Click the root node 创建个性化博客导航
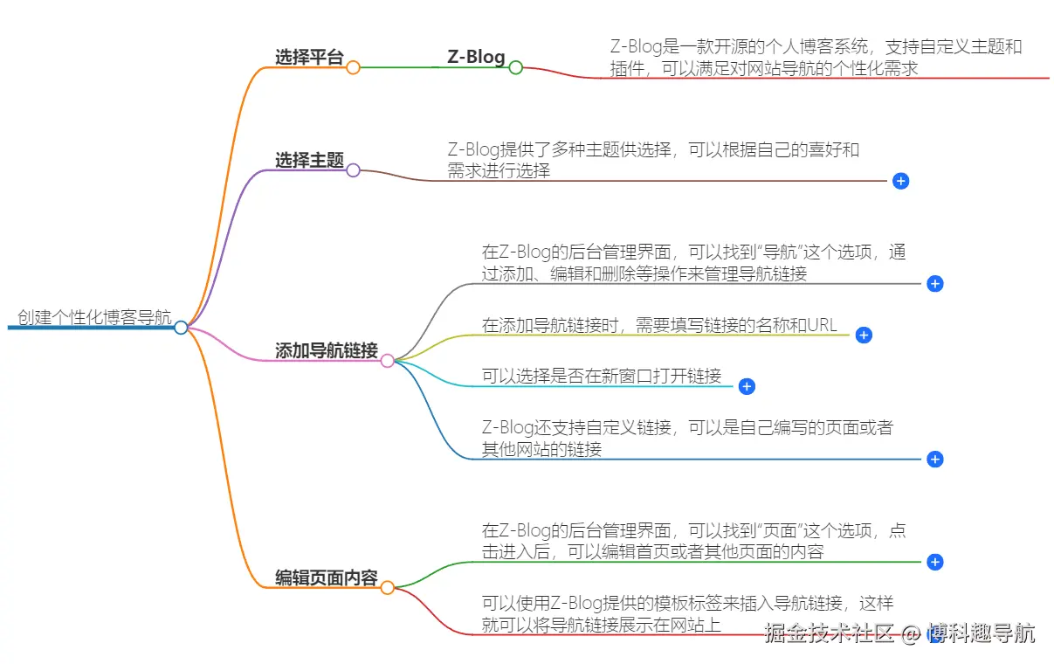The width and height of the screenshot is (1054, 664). click(x=94, y=318)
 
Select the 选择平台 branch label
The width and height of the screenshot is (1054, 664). click(x=309, y=58)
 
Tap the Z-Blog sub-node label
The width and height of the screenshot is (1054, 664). click(x=476, y=57)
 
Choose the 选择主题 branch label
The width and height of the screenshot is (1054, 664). click(x=309, y=160)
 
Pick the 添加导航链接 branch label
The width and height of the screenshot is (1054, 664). click(x=326, y=351)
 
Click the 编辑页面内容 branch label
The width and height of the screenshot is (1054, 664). click(x=326, y=578)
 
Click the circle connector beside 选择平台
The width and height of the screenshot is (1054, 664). click(x=353, y=67)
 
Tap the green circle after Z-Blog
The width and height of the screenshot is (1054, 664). click(x=516, y=67)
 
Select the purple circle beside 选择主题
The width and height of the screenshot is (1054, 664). click(x=353, y=170)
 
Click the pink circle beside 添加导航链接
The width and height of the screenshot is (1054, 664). click(x=387, y=361)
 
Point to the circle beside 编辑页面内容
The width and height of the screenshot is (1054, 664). click(x=387, y=588)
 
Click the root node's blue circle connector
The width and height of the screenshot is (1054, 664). click(x=181, y=328)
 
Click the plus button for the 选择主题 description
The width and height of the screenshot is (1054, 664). click(x=901, y=181)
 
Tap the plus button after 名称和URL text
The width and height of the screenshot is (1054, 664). click(x=864, y=335)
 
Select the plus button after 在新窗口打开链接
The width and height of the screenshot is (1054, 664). click(x=746, y=386)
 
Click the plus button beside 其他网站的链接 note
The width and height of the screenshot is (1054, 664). click(x=934, y=459)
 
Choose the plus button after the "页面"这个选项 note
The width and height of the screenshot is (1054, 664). click(x=934, y=562)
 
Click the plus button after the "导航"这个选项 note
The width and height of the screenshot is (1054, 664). click(x=934, y=284)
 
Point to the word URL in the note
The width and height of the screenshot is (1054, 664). click(x=822, y=326)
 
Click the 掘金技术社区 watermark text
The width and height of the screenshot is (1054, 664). click(x=829, y=633)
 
